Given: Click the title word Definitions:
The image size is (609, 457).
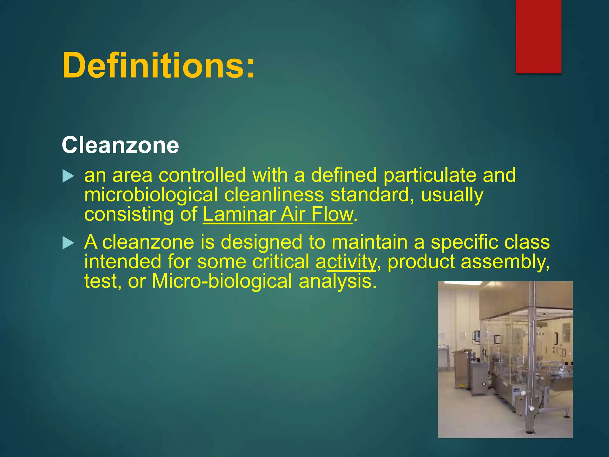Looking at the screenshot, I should (x=158, y=65).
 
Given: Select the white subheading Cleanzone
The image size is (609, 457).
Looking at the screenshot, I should (x=120, y=145).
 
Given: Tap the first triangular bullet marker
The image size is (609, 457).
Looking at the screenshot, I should (x=68, y=176).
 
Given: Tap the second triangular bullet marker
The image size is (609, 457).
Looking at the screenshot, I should (x=68, y=243).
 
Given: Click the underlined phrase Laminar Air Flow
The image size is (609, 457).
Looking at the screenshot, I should (x=278, y=214).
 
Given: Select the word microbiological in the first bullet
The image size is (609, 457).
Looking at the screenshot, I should (x=151, y=195).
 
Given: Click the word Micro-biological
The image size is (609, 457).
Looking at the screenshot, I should (x=222, y=281).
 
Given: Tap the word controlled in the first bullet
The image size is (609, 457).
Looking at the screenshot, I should (x=202, y=175).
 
